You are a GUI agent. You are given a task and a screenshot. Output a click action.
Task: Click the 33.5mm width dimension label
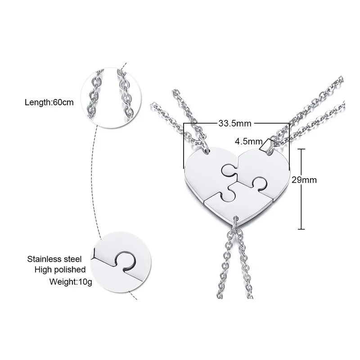click(x=234, y=123)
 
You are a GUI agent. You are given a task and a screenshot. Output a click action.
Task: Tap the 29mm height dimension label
click(x=304, y=180)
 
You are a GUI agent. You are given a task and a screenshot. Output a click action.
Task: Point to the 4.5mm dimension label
click(x=248, y=141)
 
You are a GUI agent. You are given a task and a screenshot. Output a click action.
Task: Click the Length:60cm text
click(x=49, y=103)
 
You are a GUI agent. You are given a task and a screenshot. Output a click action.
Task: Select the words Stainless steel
click(x=54, y=259)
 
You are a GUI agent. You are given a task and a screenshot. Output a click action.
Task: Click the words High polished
click(x=60, y=270)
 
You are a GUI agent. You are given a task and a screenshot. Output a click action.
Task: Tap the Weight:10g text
click(x=71, y=282)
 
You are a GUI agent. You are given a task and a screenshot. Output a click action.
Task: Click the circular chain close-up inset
click(x=111, y=98)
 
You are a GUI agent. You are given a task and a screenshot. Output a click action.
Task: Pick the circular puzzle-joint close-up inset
click(x=121, y=262)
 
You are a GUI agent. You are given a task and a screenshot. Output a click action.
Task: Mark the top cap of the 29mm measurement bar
click(x=301, y=149)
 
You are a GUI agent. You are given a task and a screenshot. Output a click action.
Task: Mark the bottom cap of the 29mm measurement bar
click(x=301, y=229)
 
